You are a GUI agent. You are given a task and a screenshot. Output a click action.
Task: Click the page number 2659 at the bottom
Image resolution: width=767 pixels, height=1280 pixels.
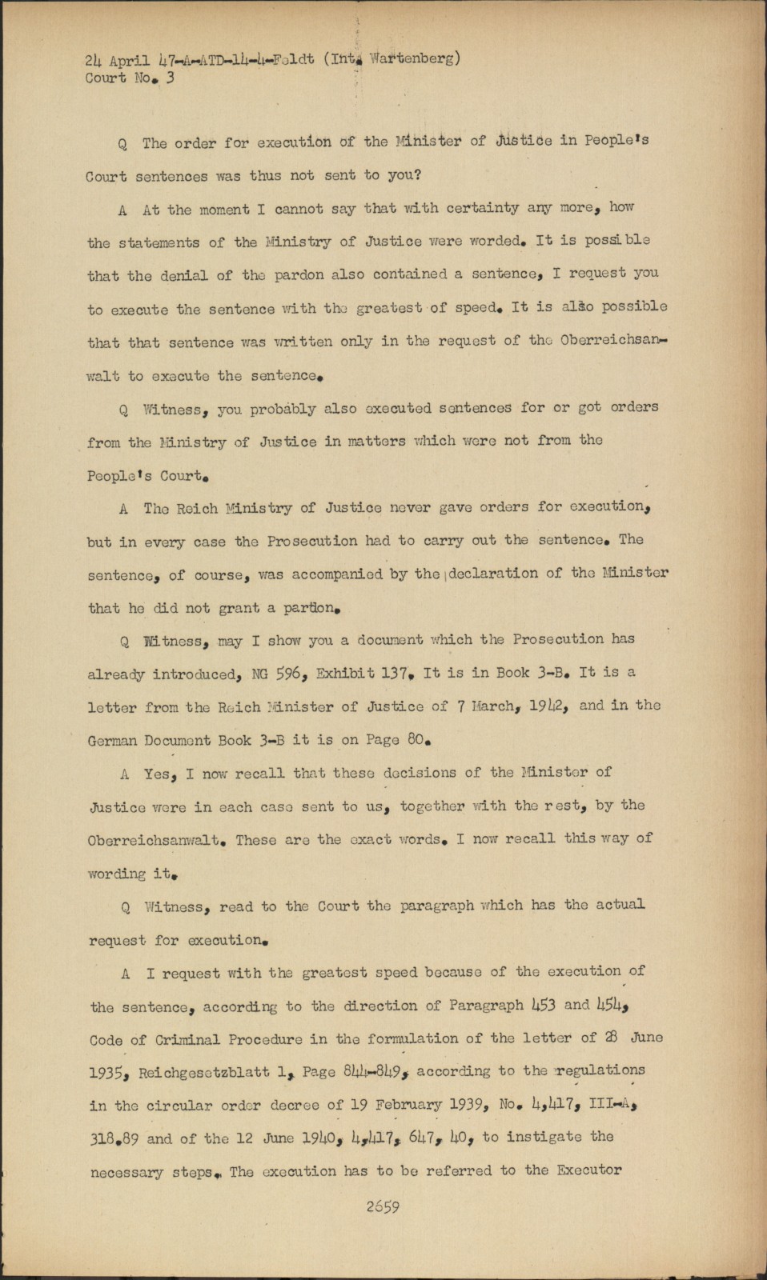point(383,1207)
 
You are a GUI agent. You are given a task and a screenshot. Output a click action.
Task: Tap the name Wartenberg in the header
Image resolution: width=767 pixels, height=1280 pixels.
point(416,58)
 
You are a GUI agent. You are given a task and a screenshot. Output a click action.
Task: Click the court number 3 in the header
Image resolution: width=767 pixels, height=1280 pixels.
point(170,78)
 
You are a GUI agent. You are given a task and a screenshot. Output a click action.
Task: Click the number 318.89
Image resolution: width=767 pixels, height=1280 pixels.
point(118,1138)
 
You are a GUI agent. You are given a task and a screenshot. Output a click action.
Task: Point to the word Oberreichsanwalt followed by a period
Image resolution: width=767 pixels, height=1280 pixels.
point(155,841)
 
